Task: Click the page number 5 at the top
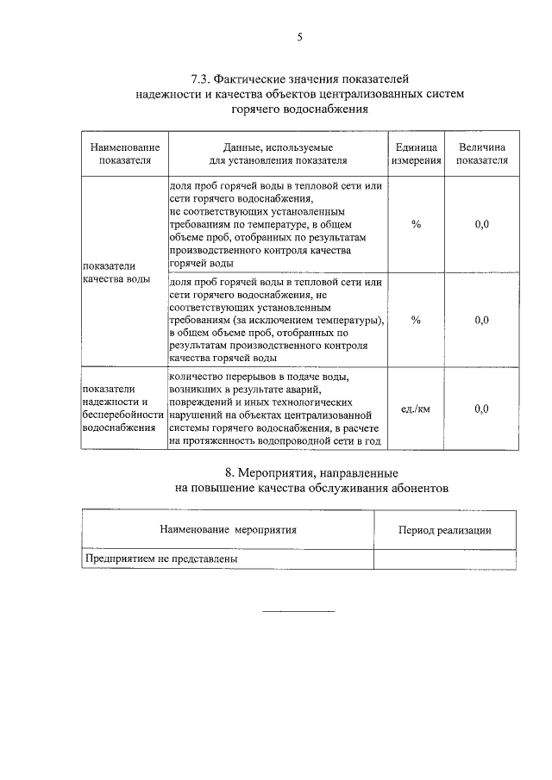pos(299,36)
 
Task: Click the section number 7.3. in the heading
pos(204,79)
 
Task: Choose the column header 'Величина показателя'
pos(482,153)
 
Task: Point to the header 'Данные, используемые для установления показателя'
pos(278,153)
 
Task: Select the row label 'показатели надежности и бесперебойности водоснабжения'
pos(124,408)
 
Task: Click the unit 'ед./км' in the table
pos(416,409)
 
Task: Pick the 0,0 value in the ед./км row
pos(482,409)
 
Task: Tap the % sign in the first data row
pos(416,224)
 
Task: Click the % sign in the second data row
pos(416,320)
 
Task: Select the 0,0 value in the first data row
pos(482,224)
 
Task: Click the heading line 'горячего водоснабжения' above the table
pos(299,109)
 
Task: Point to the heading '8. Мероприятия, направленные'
pos(299,473)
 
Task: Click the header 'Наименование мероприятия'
pos(228,530)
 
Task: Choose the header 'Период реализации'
pos(445,530)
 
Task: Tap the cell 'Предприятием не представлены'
pos(160,558)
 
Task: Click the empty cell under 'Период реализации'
pos(445,559)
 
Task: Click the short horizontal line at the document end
pos(298,611)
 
